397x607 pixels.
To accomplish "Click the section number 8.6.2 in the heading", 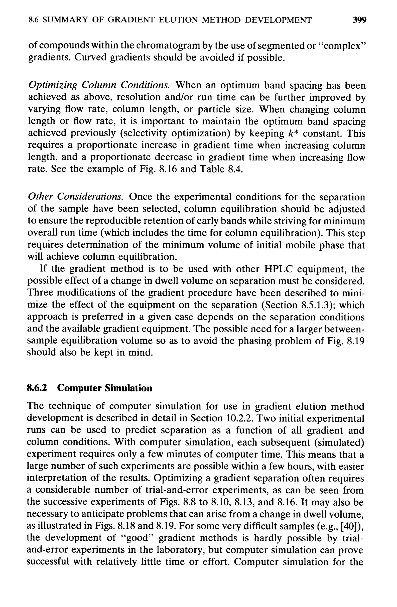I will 37,388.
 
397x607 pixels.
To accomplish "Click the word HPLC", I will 278,269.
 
